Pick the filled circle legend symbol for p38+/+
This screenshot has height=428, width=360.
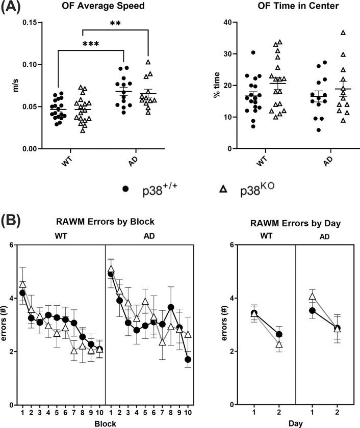tap(125, 188)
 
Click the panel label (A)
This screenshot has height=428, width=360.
tap(13, 7)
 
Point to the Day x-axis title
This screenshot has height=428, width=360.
tap(296, 422)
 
